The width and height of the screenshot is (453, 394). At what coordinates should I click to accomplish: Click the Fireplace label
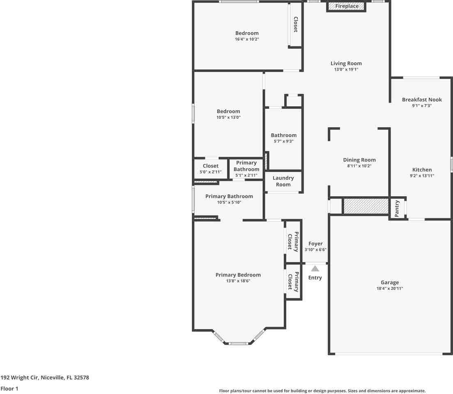[346, 6]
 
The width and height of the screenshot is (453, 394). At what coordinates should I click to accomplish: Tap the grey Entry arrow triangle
[315, 269]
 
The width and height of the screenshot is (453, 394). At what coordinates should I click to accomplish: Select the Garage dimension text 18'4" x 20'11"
[389, 289]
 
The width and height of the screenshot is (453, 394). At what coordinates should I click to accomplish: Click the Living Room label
[346, 63]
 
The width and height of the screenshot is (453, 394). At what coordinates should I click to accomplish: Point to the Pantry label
[397, 208]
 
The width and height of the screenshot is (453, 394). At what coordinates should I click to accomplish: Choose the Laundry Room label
[283, 181]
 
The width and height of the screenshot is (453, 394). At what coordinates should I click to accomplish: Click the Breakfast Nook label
[422, 100]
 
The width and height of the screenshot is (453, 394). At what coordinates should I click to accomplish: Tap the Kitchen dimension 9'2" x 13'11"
[422, 176]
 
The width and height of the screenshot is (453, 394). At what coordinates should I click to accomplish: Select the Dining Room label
[359, 160]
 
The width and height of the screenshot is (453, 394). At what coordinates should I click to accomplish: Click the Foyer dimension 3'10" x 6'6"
[315, 250]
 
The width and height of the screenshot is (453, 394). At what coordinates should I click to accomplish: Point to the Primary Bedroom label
[238, 275]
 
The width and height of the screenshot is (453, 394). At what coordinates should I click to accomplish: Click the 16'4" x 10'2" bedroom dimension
[247, 39]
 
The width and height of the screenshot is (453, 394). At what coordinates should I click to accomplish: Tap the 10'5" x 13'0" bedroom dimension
[228, 117]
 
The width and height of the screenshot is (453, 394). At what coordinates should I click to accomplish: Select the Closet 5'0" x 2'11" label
[211, 166]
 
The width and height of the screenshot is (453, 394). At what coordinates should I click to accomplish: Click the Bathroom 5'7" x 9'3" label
[283, 135]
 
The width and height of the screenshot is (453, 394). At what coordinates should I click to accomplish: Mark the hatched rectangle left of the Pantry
[366, 206]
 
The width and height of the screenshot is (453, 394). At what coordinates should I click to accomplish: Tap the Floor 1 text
[9, 388]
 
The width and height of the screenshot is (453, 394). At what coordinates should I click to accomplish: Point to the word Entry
[315, 278]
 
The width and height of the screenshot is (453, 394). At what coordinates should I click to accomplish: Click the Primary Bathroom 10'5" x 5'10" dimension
[229, 202]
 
